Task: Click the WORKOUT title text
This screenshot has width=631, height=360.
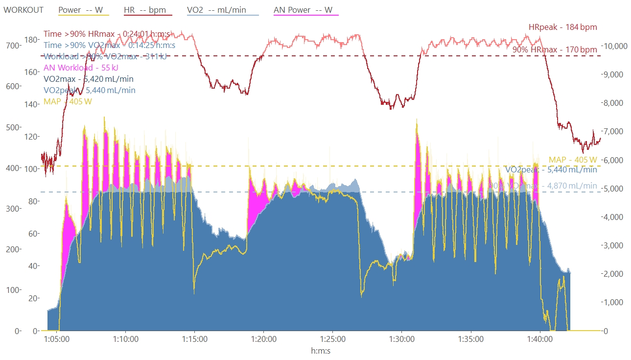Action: coord(23,10)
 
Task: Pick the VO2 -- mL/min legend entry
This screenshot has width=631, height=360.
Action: coord(223,10)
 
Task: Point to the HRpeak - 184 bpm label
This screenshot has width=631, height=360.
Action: coord(562,27)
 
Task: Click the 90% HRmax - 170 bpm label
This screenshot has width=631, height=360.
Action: coord(555,49)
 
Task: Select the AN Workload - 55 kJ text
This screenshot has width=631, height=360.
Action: coord(81,68)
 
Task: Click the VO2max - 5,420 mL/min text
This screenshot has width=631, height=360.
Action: coord(89,79)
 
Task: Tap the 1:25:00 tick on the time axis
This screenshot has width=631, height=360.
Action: coord(332,339)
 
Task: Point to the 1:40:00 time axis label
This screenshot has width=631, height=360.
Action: coord(539,339)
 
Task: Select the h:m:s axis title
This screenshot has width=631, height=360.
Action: coord(322,351)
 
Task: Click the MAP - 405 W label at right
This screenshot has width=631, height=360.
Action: coord(573,160)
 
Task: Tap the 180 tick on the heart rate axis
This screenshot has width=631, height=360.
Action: coord(32,40)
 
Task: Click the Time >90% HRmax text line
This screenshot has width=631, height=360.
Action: coord(107,34)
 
